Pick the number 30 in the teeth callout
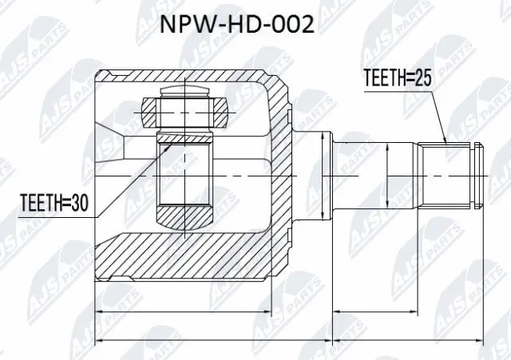74,205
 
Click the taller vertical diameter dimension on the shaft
322,174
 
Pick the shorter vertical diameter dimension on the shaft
386,174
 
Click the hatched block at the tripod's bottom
184,215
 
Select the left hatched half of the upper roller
151,113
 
